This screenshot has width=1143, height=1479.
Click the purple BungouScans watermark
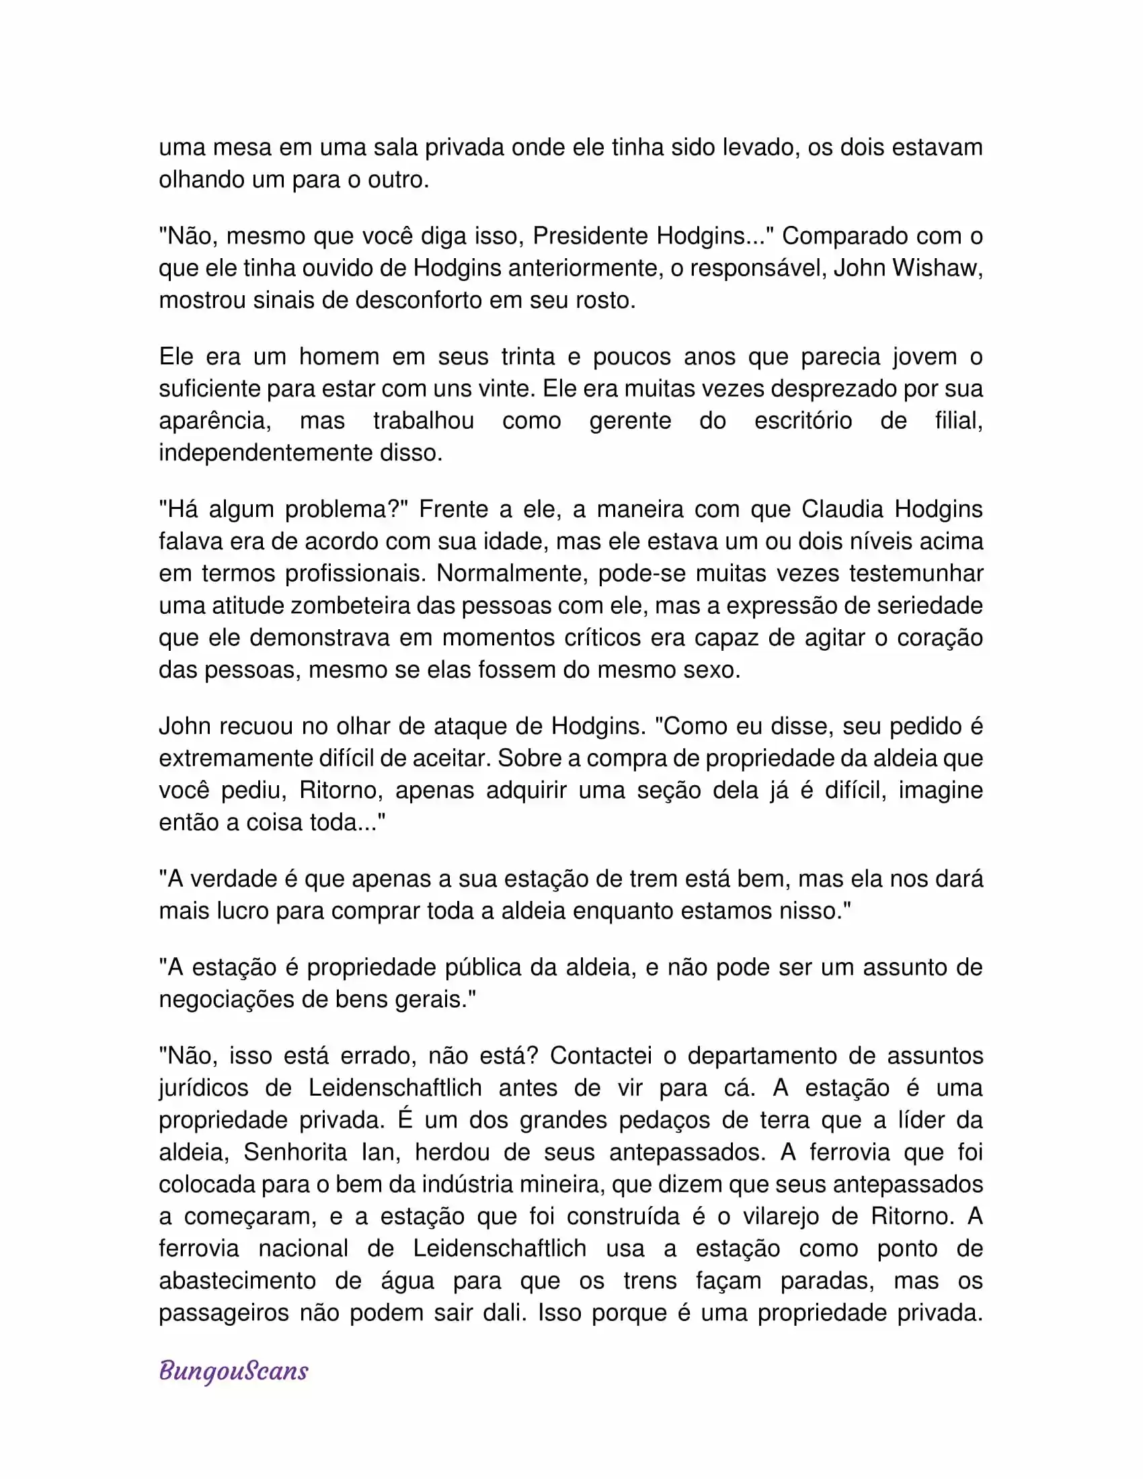pyautogui.click(x=233, y=1371)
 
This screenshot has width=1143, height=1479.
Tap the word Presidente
pyautogui.click(x=590, y=236)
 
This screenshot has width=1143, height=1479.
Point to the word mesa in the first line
pyautogui.click(x=243, y=148)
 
